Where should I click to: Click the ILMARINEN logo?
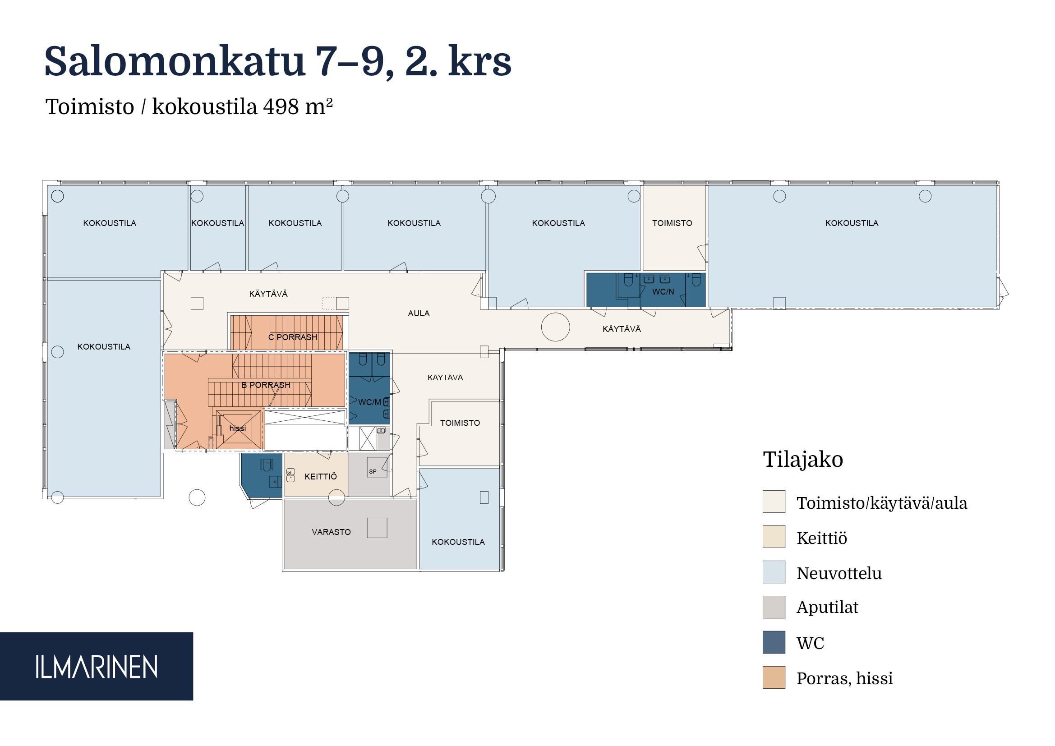point(97,667)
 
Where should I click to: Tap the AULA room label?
point(419,313)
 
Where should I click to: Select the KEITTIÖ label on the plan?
point(321,476)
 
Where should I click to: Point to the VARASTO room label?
point(332,532)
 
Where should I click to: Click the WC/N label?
point(663,292)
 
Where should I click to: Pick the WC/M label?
point(369,402)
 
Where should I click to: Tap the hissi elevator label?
point(238,428)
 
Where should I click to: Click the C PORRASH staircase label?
point(293,337)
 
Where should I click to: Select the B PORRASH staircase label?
point(266,385)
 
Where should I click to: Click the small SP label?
point(373,471)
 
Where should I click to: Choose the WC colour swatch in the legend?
point(774,642)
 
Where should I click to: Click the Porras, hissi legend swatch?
point(774,677)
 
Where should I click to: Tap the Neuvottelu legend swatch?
point(774,572)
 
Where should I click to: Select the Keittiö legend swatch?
point(774,537)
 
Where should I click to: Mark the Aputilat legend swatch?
point(774,607)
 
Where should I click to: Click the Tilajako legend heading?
point(803,459)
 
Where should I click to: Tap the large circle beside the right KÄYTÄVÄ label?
point(556,327)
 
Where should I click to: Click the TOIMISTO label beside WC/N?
point(672,223)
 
